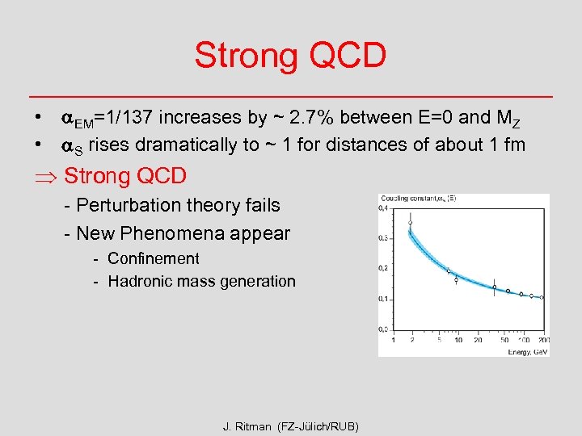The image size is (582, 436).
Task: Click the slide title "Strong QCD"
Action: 290,56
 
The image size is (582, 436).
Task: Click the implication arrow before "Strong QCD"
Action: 45,176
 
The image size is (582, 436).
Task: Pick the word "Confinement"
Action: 154,259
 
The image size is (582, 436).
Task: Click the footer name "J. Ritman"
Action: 248,426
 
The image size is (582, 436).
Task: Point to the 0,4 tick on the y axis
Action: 383,208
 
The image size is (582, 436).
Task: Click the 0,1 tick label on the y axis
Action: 383,299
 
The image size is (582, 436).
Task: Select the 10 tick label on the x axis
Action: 458,339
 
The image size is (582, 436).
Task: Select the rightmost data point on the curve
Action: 542,297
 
